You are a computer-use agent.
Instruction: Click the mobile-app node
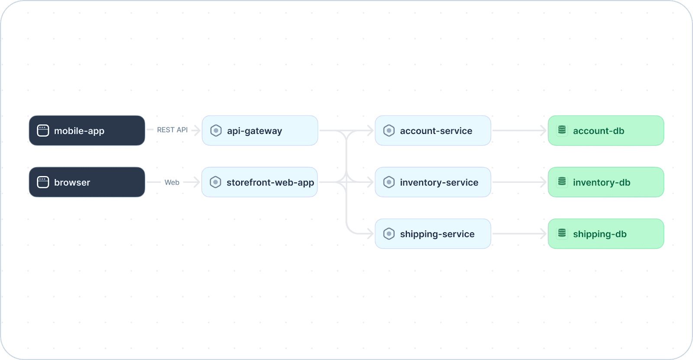coord(87,131)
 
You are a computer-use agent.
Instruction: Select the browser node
coord(87,182)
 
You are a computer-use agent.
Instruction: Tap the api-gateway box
coord(260,131)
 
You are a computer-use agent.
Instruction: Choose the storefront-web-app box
coord(259,182)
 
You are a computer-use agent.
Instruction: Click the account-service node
coord(433,131)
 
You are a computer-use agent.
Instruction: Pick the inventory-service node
coord(433,182)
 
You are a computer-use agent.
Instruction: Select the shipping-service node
coord(433,234)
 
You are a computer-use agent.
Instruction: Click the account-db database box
coord(606,131)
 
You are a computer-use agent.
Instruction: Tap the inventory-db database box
coord(606,182)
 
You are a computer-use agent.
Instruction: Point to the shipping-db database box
coord(606,234)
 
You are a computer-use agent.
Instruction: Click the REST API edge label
coord(172,130)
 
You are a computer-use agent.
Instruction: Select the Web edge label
coord(172,182)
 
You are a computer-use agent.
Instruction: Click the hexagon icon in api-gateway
coord(216,131)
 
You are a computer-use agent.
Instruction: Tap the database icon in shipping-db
coord(562,233)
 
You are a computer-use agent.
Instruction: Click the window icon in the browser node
coord(43,182)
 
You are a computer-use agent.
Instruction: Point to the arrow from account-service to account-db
coord(519,131)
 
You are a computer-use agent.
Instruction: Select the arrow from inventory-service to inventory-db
coord(519,182)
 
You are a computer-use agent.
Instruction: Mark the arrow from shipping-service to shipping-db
coord(519,234)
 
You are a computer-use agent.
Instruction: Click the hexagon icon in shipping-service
coord(389,234)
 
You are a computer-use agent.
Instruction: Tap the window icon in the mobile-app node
coord(43,131)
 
